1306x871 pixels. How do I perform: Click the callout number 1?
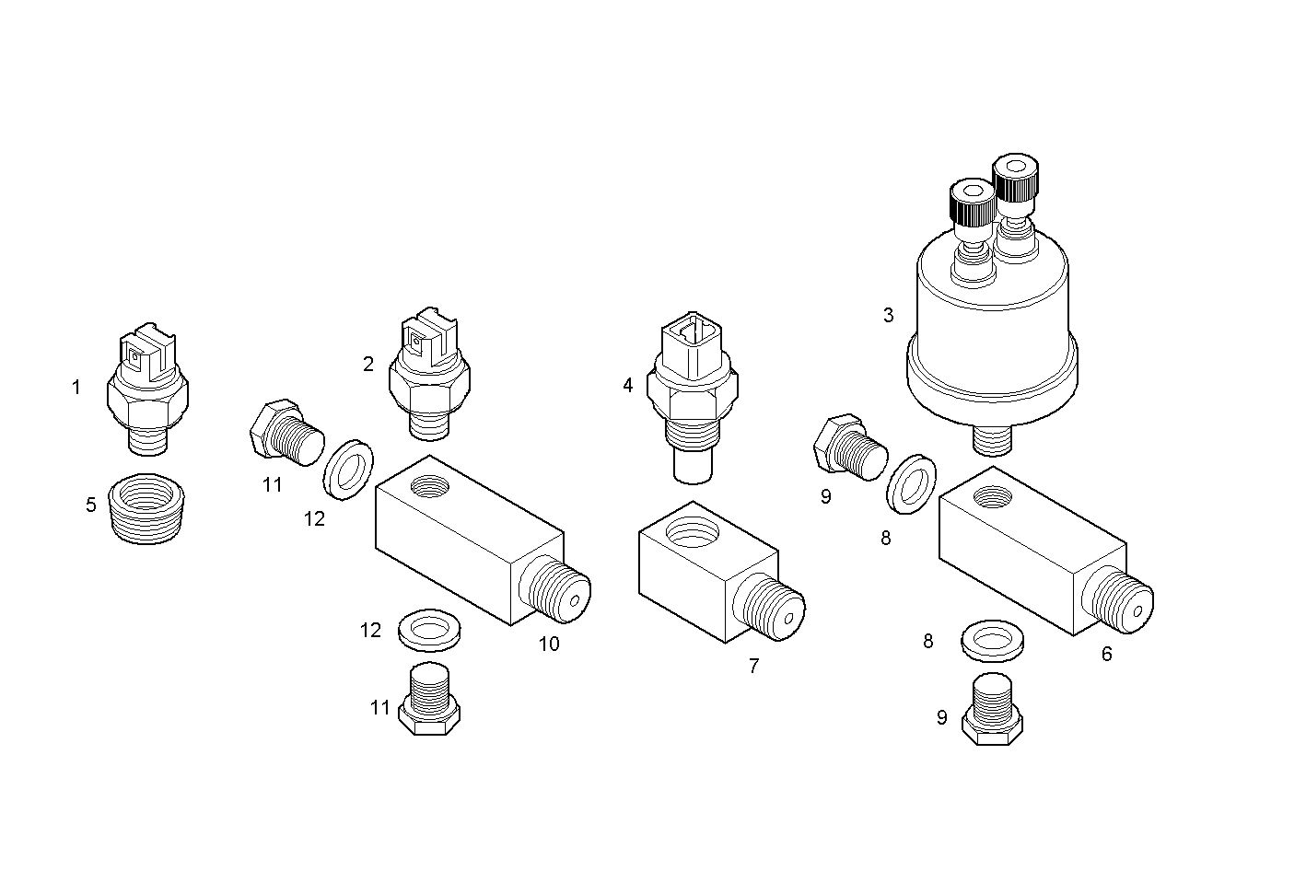(x=76, y=388)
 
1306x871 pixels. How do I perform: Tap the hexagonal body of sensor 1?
(x=147, y=401)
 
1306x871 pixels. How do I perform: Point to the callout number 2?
(x=368, y=364)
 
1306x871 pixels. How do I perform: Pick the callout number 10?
(x=549, y=644)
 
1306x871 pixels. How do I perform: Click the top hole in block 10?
(x=432, y=484)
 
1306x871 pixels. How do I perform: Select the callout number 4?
(x=628, y=385)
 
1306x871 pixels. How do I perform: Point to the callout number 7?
(x=753, y=666)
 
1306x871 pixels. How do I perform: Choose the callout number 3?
(x=888, y=315)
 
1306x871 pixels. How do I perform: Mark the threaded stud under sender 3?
(x=992, y=439)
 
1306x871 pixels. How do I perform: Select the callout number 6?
(x=1106, y=654)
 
